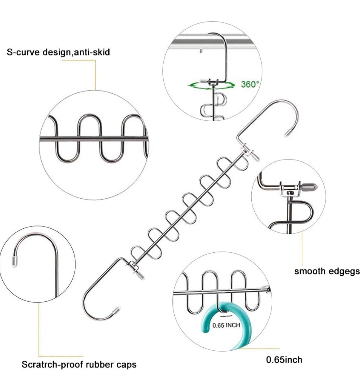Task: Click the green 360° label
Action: tap(250, 84)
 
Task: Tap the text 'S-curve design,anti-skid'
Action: tap(58, 52)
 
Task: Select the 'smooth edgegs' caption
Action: tap(327, 271)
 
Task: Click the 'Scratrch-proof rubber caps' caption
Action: tap(79, 364)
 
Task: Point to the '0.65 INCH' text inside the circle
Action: tap(226, 325)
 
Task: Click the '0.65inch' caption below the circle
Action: tap(284, 359)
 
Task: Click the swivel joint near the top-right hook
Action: tap(247, 150)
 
